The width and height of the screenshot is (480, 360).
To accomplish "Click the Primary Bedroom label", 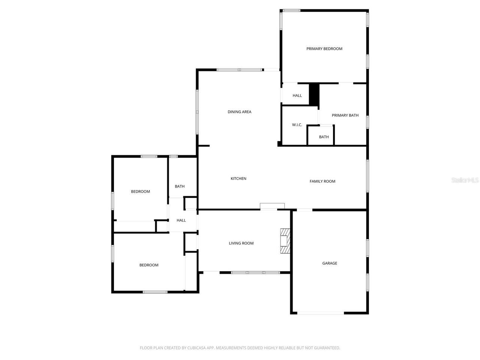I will [324, 49].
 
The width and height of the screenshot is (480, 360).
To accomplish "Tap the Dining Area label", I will [239, 112].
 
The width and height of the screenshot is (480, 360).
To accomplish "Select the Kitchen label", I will [238, 178].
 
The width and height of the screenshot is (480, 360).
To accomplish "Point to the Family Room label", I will [322, 181].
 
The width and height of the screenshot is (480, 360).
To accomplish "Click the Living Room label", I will [241, 243].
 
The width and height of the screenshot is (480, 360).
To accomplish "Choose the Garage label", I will [330, 263].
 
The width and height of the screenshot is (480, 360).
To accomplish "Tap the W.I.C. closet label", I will [297, 125].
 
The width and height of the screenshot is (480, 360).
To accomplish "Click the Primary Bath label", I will [345, 115].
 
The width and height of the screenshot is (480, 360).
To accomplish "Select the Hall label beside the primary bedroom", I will [297, 96].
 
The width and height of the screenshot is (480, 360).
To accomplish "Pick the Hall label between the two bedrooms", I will [181, 220].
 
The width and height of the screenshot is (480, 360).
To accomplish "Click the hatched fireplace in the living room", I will [285, 241].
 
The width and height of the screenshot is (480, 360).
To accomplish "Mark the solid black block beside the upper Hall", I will [314, 94].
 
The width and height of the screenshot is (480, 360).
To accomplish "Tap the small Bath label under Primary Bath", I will [324, 137].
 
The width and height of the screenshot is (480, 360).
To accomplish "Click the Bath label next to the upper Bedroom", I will [180, 186].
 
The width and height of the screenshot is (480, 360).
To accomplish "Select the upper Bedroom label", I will [140, 192].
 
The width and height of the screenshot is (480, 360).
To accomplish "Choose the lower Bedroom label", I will [149, 265].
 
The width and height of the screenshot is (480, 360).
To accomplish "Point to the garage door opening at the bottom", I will [321, 313].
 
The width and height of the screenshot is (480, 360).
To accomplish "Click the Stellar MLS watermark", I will [465, 180].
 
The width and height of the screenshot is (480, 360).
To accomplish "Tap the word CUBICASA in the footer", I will [198, 348].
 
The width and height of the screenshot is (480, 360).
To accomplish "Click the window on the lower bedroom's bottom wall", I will [155, 292].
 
